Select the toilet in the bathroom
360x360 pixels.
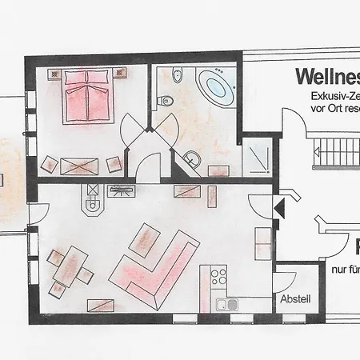point(166,100)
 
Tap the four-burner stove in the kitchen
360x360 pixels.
point(218,278)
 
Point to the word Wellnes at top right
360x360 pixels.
point(326,77)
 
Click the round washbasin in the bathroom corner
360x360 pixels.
point(190,158)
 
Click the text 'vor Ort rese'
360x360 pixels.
point(332,107)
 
